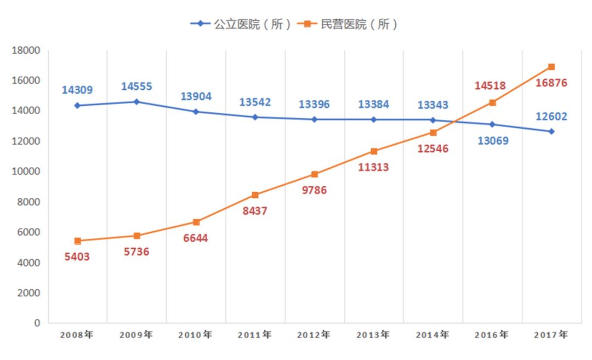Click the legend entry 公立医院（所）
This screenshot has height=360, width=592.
click(x=241, y=24)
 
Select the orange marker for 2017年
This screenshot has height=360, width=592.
click(x=551, y=67)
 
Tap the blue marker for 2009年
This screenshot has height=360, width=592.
click(x=136, y=101)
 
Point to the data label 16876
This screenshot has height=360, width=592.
click(x=551, y=83)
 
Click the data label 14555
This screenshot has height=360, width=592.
click(x=136, y=87)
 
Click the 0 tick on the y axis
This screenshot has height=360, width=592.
click(x=37, y=323)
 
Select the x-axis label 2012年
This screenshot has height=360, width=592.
click(x=314, y=335)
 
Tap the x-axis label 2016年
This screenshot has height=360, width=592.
click(x=492, y=335)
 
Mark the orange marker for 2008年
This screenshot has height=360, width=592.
click(x=77, y=241)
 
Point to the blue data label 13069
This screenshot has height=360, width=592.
click(x=492, y=141)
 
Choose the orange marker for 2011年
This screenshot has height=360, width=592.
click(x=255, y=195)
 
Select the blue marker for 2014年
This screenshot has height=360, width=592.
click(x=432, y=120)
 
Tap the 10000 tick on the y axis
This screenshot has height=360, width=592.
click(x=26, y=171)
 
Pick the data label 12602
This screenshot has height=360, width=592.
click(x=551, y=116)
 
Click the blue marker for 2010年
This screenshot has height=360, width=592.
click(x=196, y=111)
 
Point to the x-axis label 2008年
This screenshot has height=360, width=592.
click(x=77, y=335)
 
